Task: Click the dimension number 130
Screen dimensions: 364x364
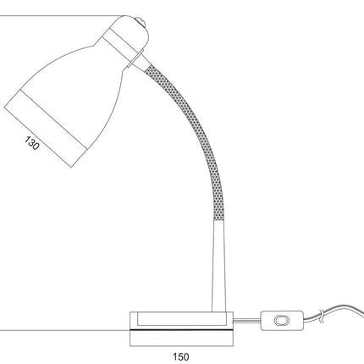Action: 31,143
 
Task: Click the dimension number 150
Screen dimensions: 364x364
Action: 181,356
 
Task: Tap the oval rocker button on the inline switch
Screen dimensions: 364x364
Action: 282,321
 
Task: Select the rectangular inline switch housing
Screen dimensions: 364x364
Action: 282,321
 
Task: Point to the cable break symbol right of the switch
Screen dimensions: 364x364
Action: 323,316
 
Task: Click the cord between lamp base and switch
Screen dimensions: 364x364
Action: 246,320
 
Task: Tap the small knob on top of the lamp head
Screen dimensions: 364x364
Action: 140,21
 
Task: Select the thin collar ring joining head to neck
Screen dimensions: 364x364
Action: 135,58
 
